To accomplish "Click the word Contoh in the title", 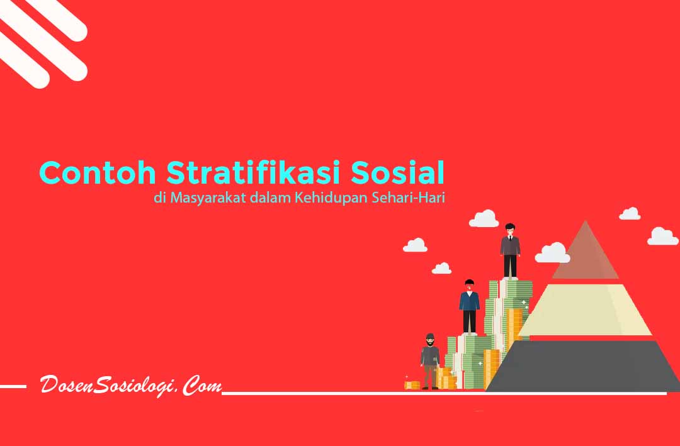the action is pyautogui.click(x=98, y=172).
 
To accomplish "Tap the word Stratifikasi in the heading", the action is pyautogui.click(x=253, y=172).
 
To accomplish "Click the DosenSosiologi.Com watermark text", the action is pyautogui.click(x=130, y=385).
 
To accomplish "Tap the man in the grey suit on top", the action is pyautogui.click(x=510, y=251).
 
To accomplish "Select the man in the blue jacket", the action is pyautogui.click(x=469, y=307).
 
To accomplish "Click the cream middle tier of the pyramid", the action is pyautogui.click(x=585, y=310).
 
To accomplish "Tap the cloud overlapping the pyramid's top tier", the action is pyautogui.click(x=552, y=253).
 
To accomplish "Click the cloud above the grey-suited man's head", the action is pyautogui.click(x=484, y=219).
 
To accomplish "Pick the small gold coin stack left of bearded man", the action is pyautogui.click(x=412, y=385).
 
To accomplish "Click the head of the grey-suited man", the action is pyautogui.click(x=510, y=230).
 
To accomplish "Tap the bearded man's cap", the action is pyautogui.click(x=430, y=336).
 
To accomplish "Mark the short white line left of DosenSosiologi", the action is pyautogui.click(x=13, y=386).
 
